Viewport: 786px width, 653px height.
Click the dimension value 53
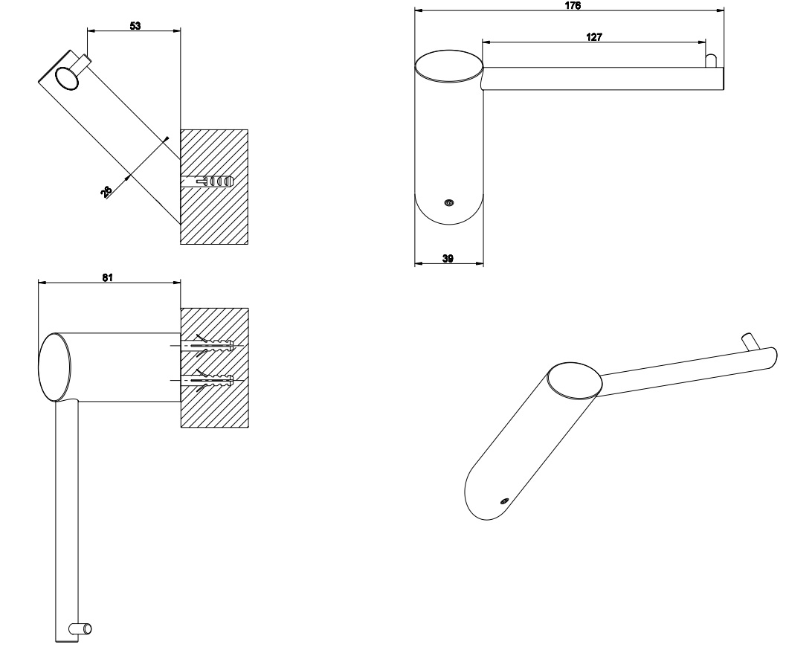(135, 25)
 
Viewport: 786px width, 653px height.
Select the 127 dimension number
(594, 35)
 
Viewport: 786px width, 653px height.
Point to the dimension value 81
(107, 277)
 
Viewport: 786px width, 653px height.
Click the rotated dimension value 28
(108, 192)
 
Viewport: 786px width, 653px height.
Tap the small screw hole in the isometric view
(503, 501)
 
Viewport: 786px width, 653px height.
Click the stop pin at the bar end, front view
(710, 60)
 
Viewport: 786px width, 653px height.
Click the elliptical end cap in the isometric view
(575, 380)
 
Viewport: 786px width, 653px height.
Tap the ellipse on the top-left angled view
(65, 77)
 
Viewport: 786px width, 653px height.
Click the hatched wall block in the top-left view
(223, 216)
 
